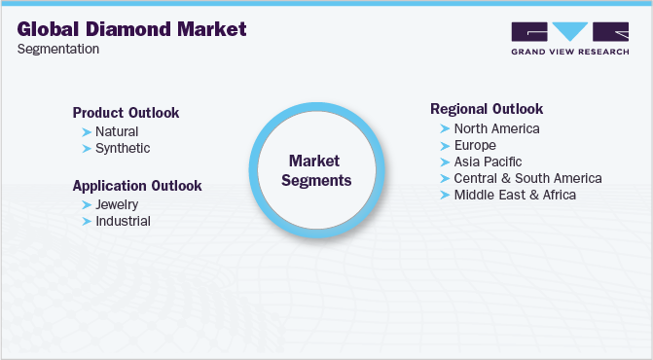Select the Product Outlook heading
(126, 112)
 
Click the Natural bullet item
(117, 131)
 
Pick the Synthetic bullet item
(123, 148)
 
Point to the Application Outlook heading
(137, 185)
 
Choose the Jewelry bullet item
(117, 204)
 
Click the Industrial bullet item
(123, 221)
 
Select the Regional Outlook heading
(487, 109)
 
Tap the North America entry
(496, 128)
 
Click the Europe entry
(475, 145)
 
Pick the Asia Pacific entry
(488, 162)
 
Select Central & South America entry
(527, 178)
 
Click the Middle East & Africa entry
(515, 195)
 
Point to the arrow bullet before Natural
(87, 131)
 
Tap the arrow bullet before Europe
(445, 145)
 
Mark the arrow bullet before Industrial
(87, 221)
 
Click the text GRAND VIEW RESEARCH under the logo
(569, 52)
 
